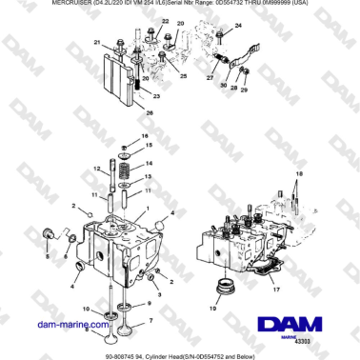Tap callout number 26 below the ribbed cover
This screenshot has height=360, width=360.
pyautogui.click(x=150, y=111)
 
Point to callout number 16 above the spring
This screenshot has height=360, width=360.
pyautogui.click(x=145, y=136)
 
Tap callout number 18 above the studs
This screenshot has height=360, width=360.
pyautogui.click(x=298, y=173)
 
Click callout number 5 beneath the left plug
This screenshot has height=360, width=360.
pyautogui.click(x=46, y=255)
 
